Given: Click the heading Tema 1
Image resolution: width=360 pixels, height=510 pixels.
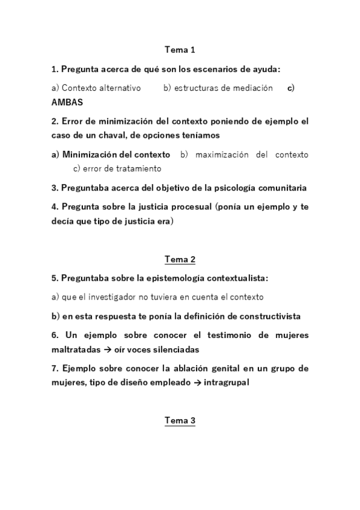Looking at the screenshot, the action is tap(180, 50).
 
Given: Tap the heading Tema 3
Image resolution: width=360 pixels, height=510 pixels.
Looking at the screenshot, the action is tap(180, 421).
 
